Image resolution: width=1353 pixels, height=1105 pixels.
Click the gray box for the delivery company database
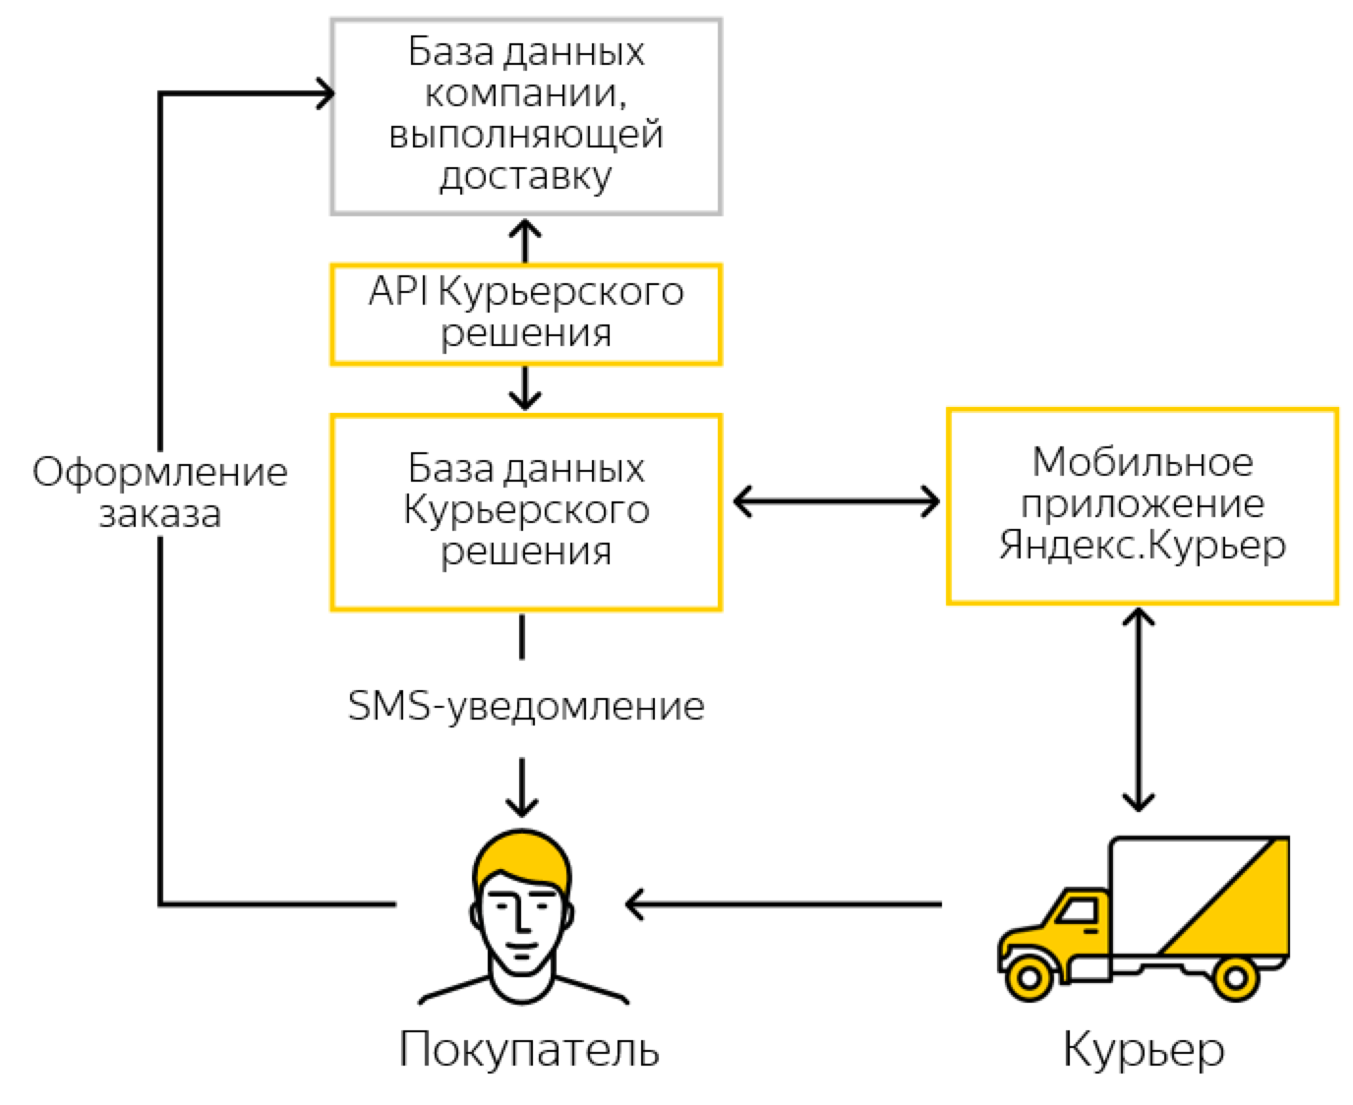(526, 115)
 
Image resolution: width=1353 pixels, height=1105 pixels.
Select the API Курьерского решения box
(526, 314)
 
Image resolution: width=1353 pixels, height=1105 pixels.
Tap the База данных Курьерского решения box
(526, 511)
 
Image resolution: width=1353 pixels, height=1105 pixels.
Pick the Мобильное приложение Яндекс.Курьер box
(1142, 505)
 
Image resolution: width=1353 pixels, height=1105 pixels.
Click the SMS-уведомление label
(526, 706)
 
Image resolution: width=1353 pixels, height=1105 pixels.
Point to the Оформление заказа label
(159, 493)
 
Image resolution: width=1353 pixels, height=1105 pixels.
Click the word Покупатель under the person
(528, 1049)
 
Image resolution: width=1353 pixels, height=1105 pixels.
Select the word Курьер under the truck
(1144, 1049)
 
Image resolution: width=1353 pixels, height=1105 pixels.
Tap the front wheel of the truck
(1029, 977)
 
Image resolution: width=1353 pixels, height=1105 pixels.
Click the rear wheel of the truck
(1234, 977)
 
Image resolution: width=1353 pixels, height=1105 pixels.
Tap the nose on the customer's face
(521, 921)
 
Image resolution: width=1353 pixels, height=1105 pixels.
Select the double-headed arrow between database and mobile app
(836, 502)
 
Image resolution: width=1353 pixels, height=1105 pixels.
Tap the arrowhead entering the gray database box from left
(323, 93)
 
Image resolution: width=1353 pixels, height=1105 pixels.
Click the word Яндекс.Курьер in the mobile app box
(1142, 546)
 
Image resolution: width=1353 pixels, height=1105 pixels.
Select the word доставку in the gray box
(526, 177)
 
